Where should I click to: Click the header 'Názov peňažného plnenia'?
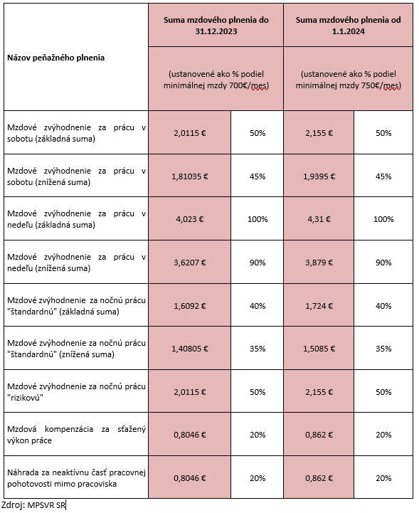coord(56,58)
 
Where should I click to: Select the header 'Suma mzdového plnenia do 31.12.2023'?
coord(216,26)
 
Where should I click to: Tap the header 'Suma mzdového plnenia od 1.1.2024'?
coord(348,26)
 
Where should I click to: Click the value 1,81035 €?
coord(190,176)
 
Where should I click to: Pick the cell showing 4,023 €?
coord(190,219)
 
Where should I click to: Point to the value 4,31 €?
coord(319,219)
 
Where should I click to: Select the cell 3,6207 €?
coord(190,263)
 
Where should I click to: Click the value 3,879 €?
coord(319,263)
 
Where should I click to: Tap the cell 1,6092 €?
coord(190,306)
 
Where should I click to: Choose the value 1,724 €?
coord(319,306)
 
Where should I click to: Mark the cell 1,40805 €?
coord(190,349)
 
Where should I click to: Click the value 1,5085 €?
coord(319,349)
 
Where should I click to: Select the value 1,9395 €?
coord(319,176)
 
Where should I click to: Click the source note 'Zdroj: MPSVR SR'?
coord(33,505)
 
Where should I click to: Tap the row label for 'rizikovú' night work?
coord(76,392)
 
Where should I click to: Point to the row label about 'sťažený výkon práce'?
coord(76,435)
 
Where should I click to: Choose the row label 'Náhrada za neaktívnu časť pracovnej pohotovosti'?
coord(76,478)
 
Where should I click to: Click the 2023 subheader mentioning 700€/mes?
coord(216,80)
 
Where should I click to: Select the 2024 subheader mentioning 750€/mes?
coord(348,80)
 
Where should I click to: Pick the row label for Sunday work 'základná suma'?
coord(76,219)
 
